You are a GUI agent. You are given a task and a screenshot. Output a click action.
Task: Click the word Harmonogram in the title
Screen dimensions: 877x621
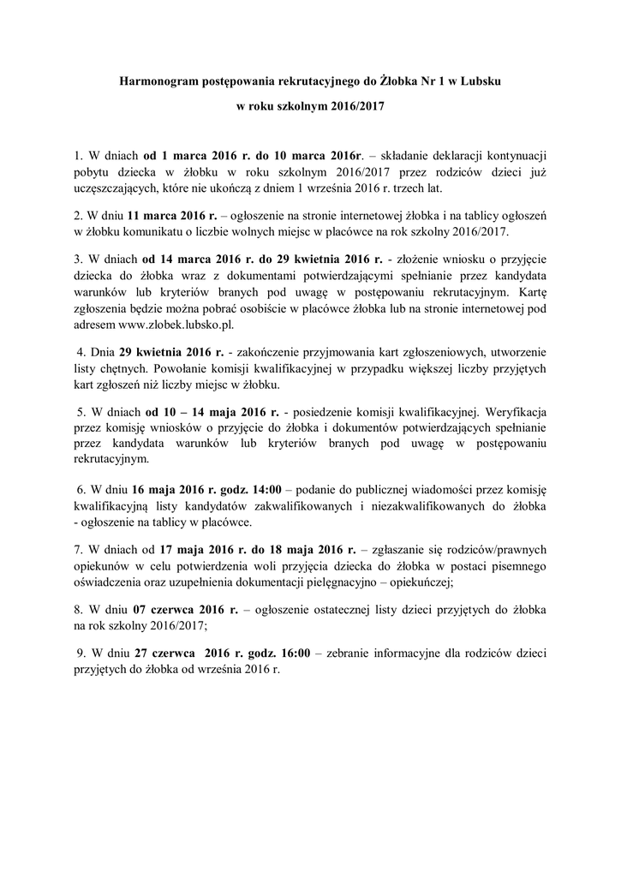pyautogui.click(x=161, y=81)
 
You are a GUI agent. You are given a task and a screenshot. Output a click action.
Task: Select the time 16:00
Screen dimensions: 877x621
pyautogui.click(x=295, y=652)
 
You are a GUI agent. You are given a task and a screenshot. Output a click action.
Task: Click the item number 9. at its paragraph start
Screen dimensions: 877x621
pyautogui.click(x=82, y=652)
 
